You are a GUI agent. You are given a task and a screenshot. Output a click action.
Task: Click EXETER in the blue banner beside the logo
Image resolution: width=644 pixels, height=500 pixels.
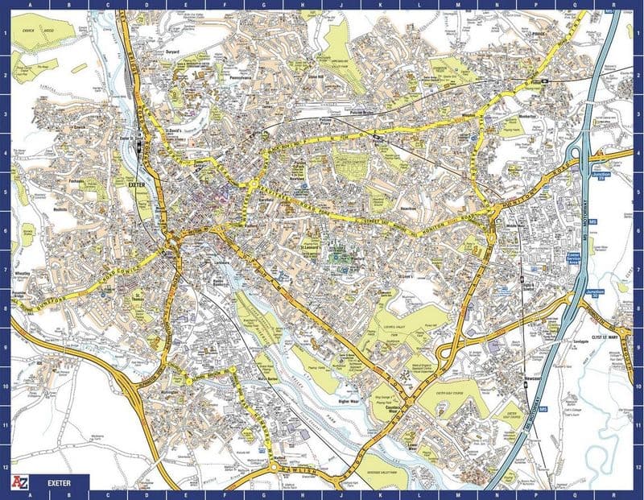(x=60, y=484)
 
